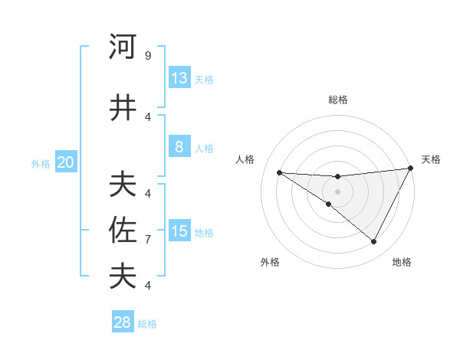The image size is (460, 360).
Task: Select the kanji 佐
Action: coord(123,230)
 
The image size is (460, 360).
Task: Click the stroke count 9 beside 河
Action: coord(147,56)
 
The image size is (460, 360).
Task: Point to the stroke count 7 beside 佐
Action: coord(147,240)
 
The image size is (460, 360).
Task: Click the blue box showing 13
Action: coord(179,78)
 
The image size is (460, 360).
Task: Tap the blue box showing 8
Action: coord(179,147)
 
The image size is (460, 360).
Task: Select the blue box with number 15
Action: coord(179,231)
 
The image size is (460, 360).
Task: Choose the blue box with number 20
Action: coord(65,162)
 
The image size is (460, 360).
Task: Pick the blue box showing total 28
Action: coord(123,322)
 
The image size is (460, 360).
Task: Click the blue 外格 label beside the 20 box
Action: coord(41,163)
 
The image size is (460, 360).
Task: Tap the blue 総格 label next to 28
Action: coord(147,324)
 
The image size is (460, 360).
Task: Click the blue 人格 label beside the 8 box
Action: coord(204,149)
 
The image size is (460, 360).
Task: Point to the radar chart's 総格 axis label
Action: coord(337,100)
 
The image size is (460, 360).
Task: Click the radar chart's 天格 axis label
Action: coord(431,159)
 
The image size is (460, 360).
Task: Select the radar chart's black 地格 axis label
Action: coord(402,262)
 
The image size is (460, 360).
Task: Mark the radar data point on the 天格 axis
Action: coord(411,169)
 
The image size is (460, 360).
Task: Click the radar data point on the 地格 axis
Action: coord(374,242)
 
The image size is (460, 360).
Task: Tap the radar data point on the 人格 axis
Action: coord(279,172)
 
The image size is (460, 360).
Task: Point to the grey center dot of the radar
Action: coord(337,191)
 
